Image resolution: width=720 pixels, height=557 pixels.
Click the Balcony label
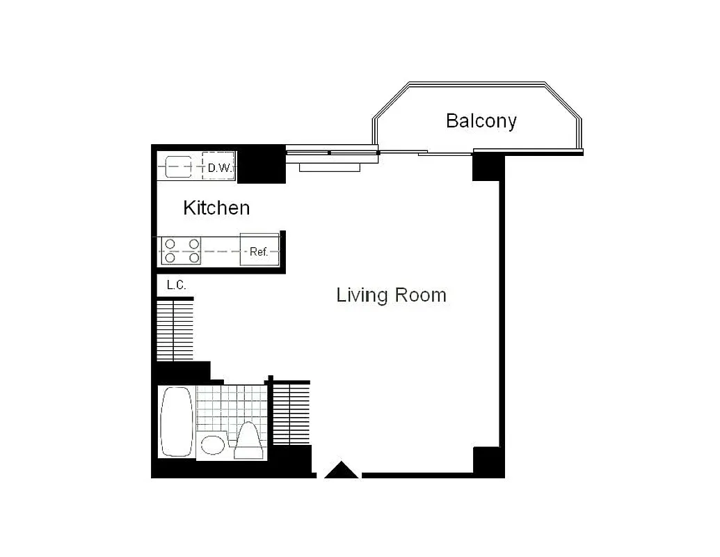pyautogui.click(x=481, y=121)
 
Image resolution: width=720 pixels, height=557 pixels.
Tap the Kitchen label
pyautogui.click(x=216, y=207)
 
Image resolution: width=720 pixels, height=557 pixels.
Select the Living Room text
pyautogui.click(x=391, y=295)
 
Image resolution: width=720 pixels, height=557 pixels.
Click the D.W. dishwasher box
pyautogui.click(x=218, y=167)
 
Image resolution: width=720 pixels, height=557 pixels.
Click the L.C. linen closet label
pyautogui.click(x=177, y=285)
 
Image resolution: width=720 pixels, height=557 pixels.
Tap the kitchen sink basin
pyautogui.click(x=179, y=167)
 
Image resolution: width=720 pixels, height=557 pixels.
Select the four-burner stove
pyautogui.click(x=182, y=251)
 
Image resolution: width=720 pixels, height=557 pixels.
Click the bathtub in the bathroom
pyautogui.click(x=176, y=422)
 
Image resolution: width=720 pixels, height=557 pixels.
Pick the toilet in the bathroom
pyautogui.click(x=248, y=441)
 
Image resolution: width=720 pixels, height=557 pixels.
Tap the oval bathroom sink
pyautogui.click(x=213, y=444)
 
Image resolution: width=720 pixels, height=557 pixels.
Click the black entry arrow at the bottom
pyautogui.click(x=342, y=471)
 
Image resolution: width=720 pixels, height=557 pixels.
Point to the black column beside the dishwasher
pyautogui.click(x=262, y=165)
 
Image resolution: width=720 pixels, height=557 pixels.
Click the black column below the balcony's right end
pyautogui.click(x=487, y=168)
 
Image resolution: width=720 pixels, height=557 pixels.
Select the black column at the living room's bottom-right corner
pyautogui.click(x=487, y=460)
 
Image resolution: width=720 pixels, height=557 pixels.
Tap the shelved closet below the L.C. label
pyautogui.click(x=174, y=329)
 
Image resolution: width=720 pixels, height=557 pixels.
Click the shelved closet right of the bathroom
pyautogui.click(x=289, y=414)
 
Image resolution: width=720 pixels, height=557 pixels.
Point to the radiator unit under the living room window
pyautogui.click(x=330, y=166)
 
